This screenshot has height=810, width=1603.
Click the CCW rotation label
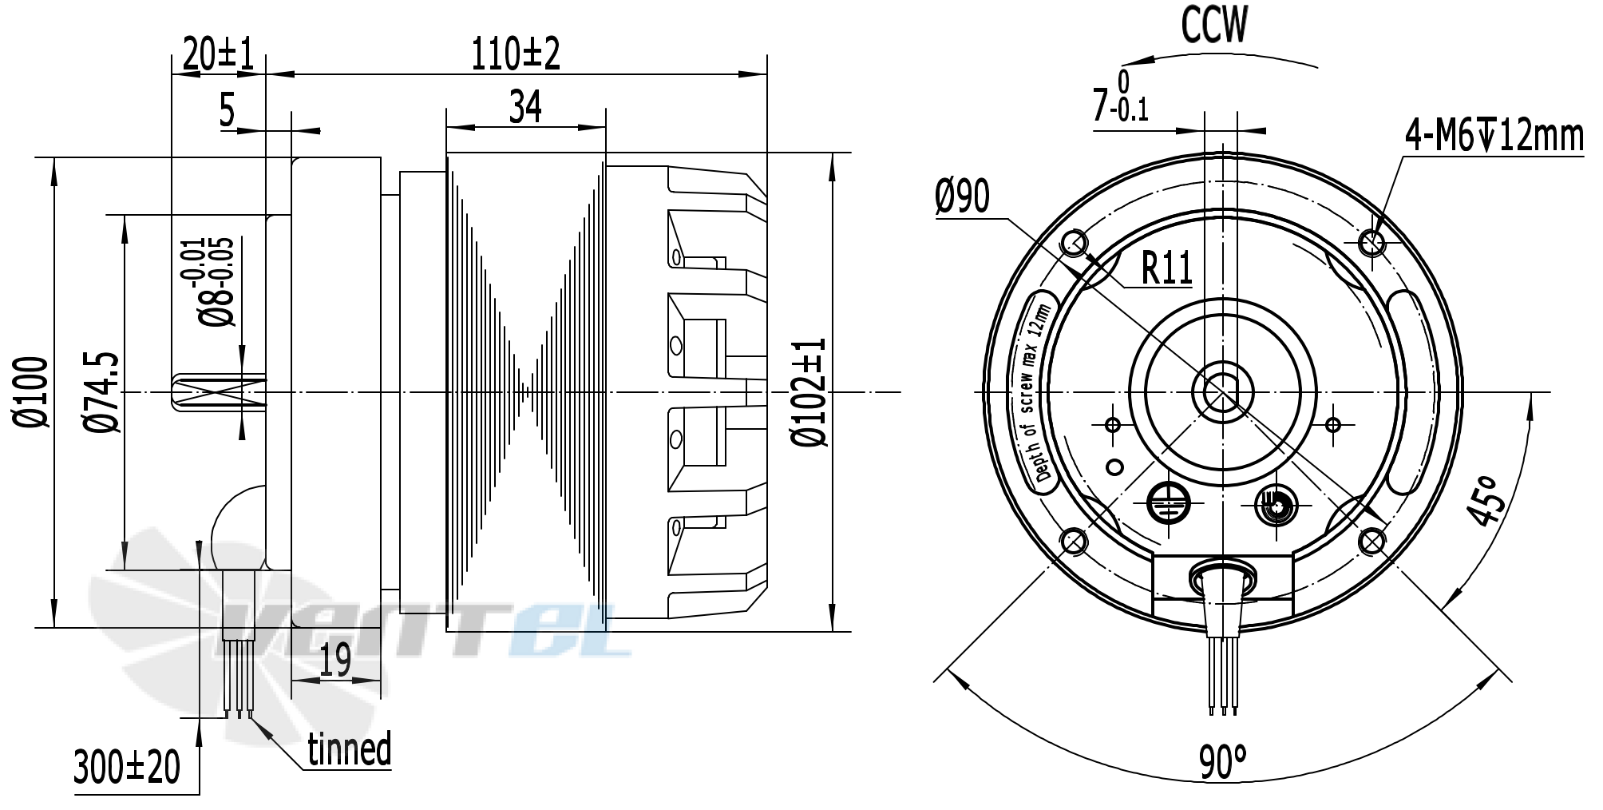pyautogui.click(x=1213, y=26)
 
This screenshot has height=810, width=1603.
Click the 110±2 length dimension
pyautogui.click(x=515, y=54)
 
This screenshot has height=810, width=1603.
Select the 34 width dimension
pyautogui.click(x=525, y=107)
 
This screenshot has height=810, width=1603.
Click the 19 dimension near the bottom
pyautogui.click(x=335, y=661)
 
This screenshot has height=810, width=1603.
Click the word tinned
pyautogui.click(x=350, y=749)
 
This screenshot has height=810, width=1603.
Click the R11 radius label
pyautogui.click(x=1166, y=268)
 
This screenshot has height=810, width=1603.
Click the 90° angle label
pyautogui.click(x=1221, y=762)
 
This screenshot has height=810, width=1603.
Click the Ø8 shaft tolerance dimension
pyautogui.click(x=217, y=282)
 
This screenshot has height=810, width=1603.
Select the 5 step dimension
pyautogui.click(x=227, y=111)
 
